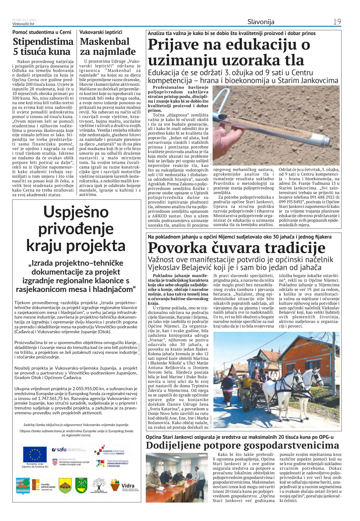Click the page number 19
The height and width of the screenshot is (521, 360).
(337, 22)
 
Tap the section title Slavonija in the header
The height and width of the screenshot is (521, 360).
(261, 22)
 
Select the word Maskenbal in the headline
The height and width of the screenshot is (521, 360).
(105, 42)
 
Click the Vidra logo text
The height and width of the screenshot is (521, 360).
(128, 485)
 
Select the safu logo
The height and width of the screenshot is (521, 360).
(59, 449)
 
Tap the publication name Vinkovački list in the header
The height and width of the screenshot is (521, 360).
(23, 24)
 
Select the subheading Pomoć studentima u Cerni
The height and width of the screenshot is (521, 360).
(42, 32)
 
